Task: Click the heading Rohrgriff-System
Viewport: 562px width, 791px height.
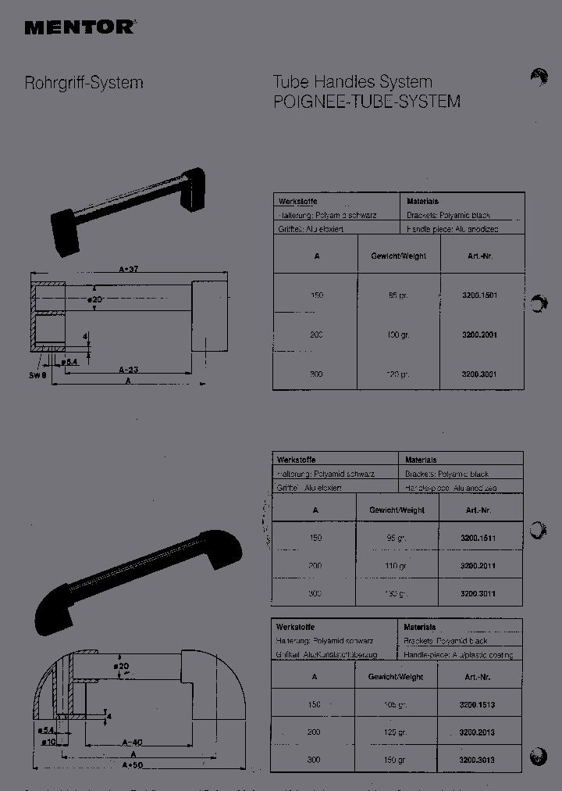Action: coord(84,82)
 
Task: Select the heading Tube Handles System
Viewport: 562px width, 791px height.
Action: coord(352,82)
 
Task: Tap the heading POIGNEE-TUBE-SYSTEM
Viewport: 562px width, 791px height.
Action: coord(366,102)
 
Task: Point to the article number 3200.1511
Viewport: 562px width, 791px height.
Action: coord(478,539)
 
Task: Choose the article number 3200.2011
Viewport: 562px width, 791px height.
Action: coord(478,566)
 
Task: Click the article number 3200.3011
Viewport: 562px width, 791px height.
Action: coord(478,594)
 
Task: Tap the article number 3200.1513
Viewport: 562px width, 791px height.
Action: coord(477,705)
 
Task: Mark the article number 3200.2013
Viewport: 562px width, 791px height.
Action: coord(477,733)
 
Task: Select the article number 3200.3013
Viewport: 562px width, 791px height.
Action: coord(477,760)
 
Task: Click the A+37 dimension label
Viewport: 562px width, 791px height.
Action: coord(129,269)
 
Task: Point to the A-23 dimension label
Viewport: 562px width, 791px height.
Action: coord(129,369)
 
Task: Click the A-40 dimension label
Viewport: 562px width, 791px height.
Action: coord(131,743)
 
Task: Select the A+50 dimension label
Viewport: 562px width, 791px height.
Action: coord(131,765)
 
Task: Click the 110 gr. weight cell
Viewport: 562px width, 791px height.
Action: coord(397,566)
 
